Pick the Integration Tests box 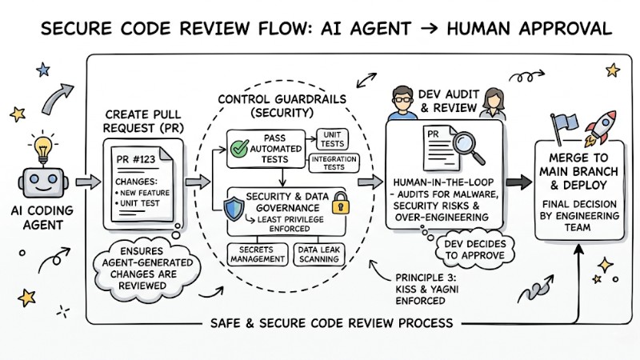click(x=334, y=164)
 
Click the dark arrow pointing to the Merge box click(x=518, y=182)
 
